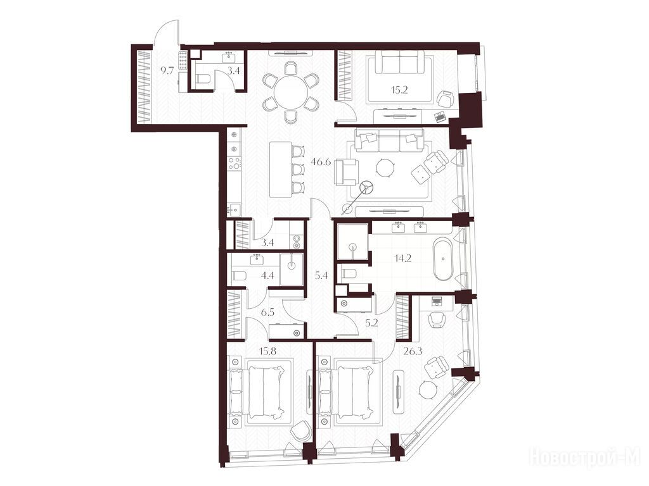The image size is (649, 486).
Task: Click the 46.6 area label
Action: tap(321, 162)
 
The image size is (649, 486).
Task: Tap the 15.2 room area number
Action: tap(399, 90)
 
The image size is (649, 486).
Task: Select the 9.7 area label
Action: tap(167, 71)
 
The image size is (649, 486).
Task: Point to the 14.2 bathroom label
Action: tap(402, 259)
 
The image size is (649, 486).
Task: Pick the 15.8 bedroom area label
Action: tap(267, 351)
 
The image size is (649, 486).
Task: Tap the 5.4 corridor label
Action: tap(321, 275)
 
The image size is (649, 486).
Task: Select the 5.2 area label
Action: tap(372, 323)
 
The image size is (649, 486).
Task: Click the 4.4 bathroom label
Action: tap(268, 275)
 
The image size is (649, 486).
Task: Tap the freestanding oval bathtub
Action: tap(443, 259)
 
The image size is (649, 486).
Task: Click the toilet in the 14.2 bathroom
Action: tap(350, 273)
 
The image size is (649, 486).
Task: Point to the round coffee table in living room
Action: tap(386, 167)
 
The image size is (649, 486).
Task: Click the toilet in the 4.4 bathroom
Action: tap(239, 276)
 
